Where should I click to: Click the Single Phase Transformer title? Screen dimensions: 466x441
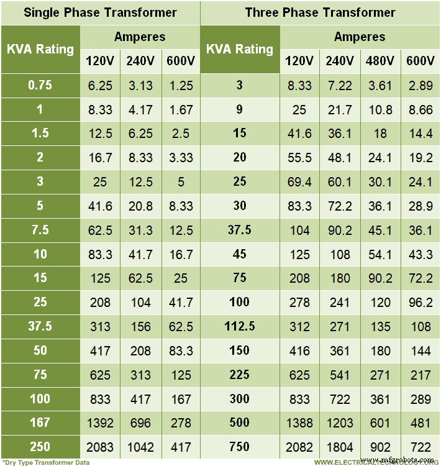(100, 12)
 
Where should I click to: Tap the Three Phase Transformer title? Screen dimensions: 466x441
(320, 12)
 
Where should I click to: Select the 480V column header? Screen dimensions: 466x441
(380, 61)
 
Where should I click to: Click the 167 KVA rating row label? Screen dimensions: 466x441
(40, 423)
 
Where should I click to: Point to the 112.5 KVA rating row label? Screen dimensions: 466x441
(240, 326)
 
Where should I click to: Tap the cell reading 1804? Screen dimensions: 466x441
(340, 447)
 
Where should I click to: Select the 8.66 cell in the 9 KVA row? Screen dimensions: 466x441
(420, 109)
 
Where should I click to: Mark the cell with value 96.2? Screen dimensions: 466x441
(420, 301)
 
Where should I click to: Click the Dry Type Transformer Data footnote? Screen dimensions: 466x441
(46, 462)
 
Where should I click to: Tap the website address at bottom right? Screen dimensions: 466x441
(375, 462)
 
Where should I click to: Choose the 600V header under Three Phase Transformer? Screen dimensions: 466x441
(420, 61)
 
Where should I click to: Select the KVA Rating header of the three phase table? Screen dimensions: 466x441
(240, 49)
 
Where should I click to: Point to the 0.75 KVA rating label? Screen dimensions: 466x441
(40, 85)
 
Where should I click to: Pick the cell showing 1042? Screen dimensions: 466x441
(140, 447)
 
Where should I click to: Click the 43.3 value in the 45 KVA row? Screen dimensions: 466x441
(420, 254)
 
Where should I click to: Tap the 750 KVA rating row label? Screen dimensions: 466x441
(240, 447)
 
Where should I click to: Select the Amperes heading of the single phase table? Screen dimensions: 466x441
(140, 37)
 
